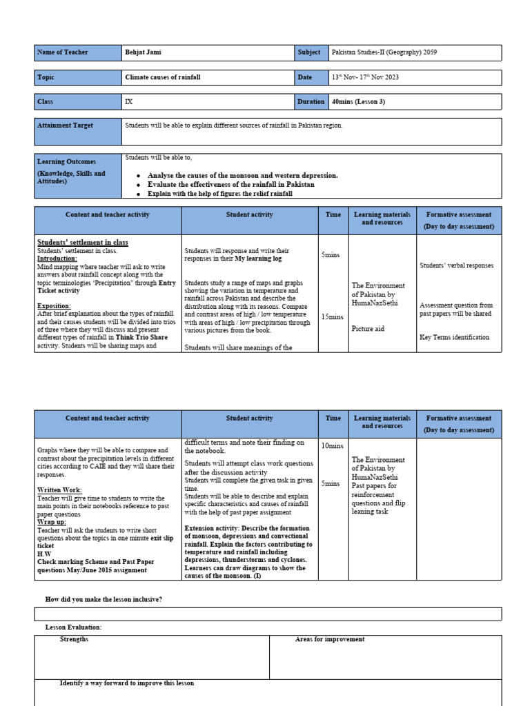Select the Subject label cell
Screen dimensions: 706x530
coord(309,52)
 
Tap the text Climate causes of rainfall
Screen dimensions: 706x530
coord(163,77)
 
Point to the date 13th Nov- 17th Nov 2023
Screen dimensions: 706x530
coord(365,77)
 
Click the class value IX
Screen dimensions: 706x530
coord(128,101)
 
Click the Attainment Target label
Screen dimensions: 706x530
coord(65,125)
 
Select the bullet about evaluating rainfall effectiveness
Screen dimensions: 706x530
coord(230,185)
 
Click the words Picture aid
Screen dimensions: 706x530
coord(368,329)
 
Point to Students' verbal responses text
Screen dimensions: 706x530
coord(456,265)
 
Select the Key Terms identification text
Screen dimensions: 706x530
coord(454,337)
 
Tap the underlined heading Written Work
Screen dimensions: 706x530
coord(59,490)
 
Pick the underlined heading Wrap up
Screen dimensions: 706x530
coord(52,522)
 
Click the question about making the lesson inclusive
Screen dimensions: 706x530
coord(104,599)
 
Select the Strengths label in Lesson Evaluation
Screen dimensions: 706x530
coord(74,639)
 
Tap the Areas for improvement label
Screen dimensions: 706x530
coord(330,639)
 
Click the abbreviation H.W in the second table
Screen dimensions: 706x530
coord(44,554)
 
